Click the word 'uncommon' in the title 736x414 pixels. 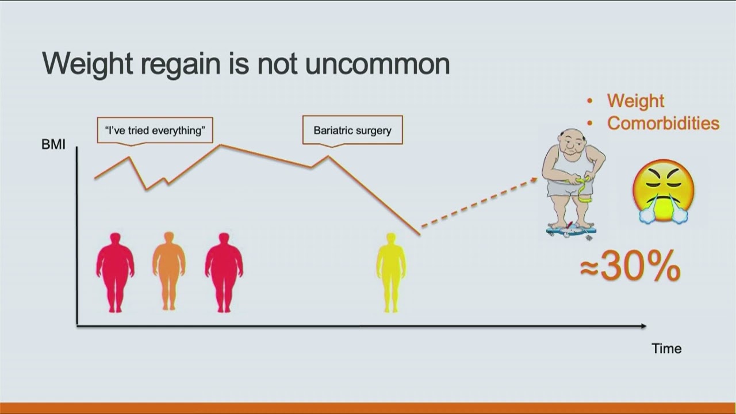(377, 64)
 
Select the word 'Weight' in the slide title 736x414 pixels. (87, 64)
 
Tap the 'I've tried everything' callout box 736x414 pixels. (155, 131)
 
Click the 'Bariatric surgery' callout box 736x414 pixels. (352, 131)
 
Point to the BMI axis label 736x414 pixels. (53, 144)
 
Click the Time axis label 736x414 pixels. (666, 348)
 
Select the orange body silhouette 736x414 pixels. (169, 271)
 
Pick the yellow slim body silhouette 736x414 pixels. (391, 273)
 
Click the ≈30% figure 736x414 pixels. (630, 266)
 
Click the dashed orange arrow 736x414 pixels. (479, 202)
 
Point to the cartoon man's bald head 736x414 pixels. (573, 137)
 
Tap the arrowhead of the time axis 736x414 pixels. (643, 326)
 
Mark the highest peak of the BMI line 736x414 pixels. (220, 145)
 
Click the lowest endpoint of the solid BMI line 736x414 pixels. (420, 235)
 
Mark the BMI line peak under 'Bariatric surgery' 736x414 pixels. (328, 156)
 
